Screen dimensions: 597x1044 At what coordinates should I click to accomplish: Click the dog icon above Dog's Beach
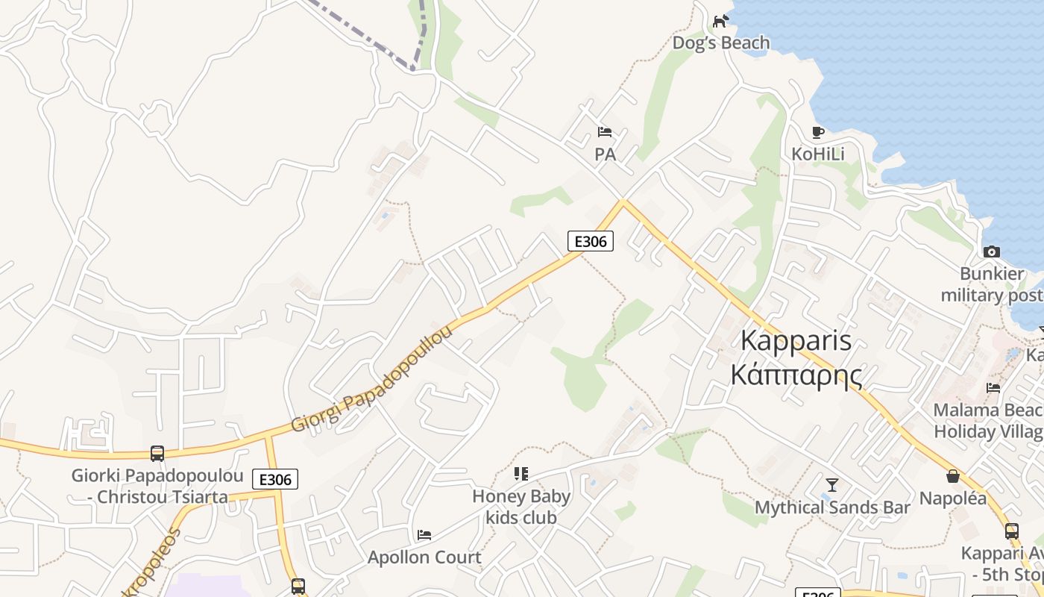pos(720,21)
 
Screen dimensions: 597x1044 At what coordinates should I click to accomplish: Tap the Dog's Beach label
pos(720,43)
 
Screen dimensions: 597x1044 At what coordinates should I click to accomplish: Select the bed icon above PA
pos(605,132)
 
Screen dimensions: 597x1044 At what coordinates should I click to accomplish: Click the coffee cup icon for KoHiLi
pos(818,132)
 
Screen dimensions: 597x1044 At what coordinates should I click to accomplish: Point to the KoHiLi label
pos(818,154)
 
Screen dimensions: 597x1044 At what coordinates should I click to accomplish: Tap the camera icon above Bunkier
pos(992,251)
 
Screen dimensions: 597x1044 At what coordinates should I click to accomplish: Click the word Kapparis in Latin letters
pos(796,341)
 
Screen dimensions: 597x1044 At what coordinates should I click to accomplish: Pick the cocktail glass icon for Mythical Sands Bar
pos(832,485)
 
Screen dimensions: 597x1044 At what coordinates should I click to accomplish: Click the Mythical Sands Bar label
pos(832,508)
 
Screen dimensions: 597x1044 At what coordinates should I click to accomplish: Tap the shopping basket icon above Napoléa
pos(952,476)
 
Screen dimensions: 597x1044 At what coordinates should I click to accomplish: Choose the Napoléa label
pos(952,498)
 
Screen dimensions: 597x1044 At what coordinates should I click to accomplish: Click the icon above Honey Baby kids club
pos(521,473)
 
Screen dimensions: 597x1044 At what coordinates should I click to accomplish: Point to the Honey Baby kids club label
pos(521,507)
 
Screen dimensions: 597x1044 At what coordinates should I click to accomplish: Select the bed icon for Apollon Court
pos(424,535)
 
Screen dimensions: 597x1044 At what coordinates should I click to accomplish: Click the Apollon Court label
pos(424,557)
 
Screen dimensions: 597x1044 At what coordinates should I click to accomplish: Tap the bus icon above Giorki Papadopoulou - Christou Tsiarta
pos(157,453)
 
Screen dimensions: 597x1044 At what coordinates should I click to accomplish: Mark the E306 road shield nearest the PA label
pos(591,241)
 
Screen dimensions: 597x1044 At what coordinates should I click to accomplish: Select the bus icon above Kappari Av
pos(1012,531)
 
